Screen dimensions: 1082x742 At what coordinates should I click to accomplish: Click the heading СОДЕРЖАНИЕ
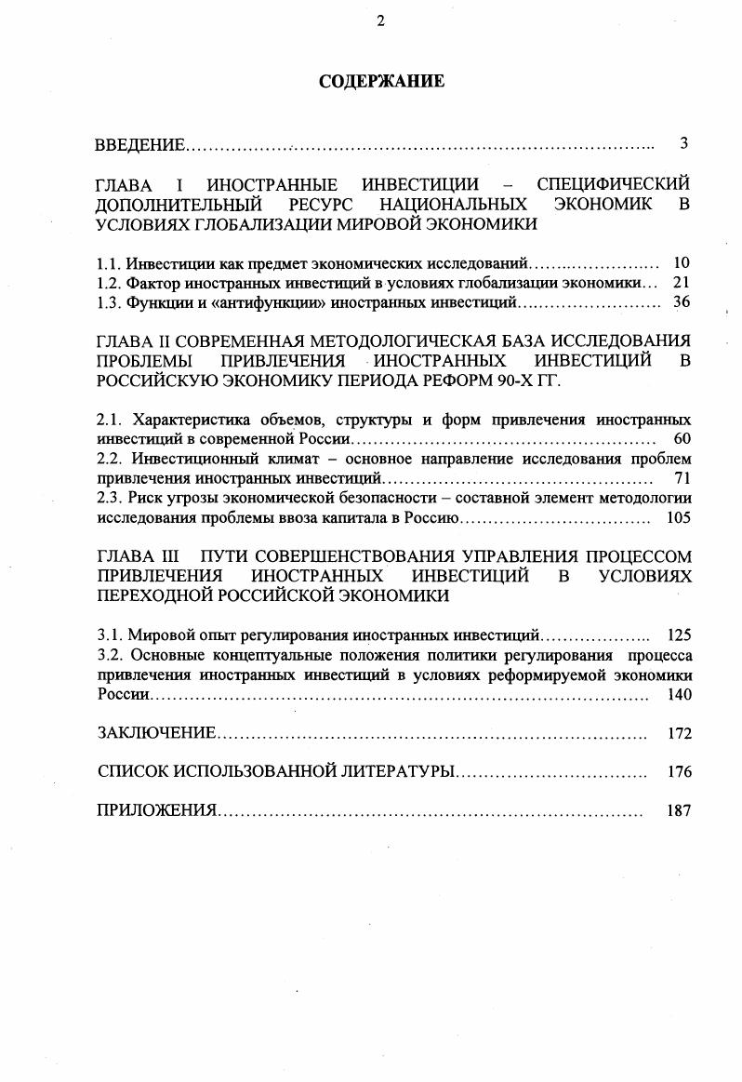coord(381,82)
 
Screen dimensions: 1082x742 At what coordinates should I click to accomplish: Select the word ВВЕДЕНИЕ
coord(140,145)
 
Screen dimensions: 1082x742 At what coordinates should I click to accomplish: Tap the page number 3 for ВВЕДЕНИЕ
coord(683,143)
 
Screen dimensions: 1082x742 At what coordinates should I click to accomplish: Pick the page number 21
coord(681,283)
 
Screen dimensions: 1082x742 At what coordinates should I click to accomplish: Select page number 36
coord(681,302)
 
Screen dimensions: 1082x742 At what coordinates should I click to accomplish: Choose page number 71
coord(681,478)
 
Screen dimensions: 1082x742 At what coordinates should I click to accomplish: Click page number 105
coord(679,517)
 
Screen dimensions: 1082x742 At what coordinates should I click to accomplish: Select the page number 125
coord(679,636)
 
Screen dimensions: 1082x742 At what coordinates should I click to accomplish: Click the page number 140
coord(679,694)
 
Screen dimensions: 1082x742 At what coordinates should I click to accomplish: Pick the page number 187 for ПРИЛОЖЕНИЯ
coord(679,810)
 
